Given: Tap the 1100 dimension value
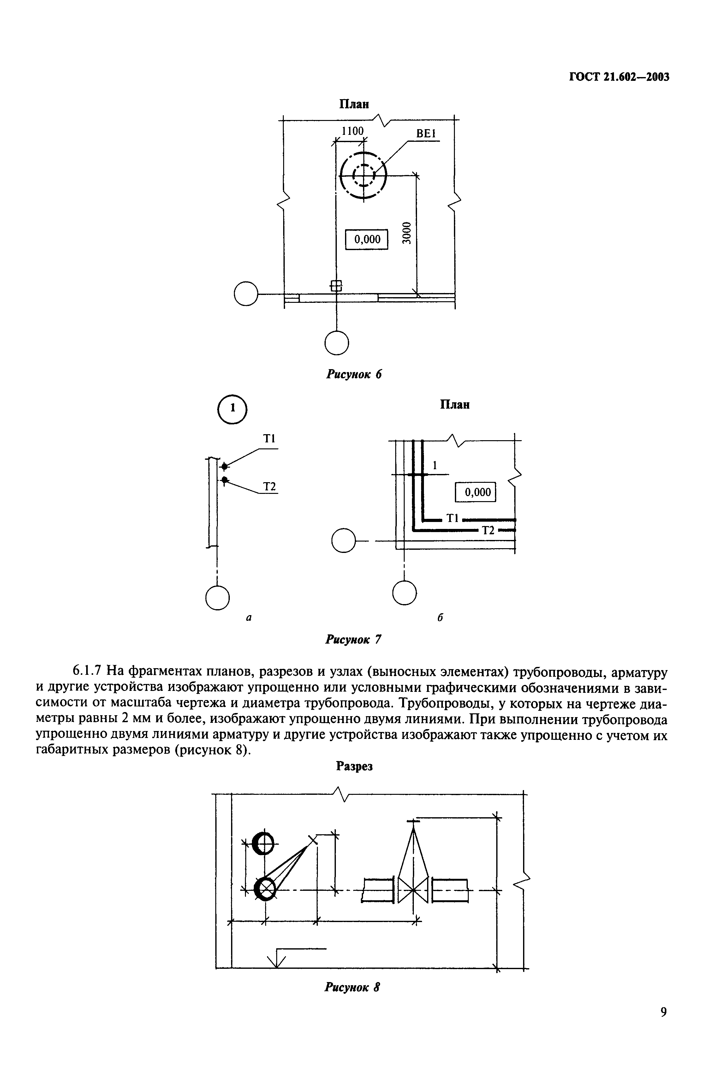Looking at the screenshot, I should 352,131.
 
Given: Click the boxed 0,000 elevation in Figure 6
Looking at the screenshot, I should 367,239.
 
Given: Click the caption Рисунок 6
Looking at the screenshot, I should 354,375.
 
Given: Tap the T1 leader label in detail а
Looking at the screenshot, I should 269,439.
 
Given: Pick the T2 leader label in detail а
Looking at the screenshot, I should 270,487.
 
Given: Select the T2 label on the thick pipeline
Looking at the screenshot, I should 488,530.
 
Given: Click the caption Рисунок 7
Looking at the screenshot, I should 354,640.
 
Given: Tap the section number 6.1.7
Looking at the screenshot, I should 88,670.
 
